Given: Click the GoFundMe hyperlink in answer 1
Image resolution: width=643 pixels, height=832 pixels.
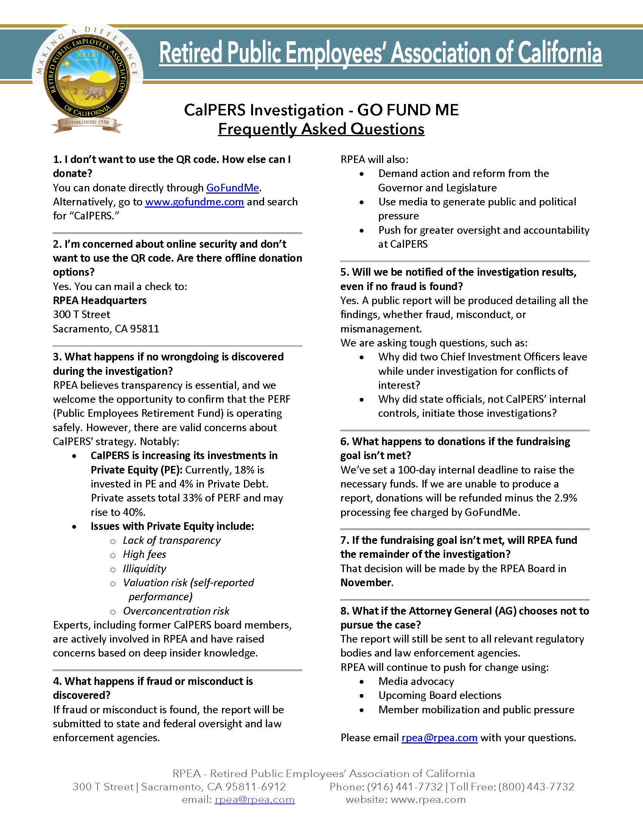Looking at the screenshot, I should pyautogui.click(x=232, y=188).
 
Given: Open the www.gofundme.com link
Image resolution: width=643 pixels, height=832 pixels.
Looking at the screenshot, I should pyautogui.click(x=194, y=202).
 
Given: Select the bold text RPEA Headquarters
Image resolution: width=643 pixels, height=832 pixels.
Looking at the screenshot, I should pyautogui.click(x=100, y=301).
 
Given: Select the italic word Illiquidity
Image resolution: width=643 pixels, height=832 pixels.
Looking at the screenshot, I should pyautogui.click(x=144, y=569).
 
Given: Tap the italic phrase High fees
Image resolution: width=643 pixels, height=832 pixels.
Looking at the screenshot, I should pyautogui.click(x=144, y=555).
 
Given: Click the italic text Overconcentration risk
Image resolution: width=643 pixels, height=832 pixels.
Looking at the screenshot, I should pyautogui.click(x=176, y=611).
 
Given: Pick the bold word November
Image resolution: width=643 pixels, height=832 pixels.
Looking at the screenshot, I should pyautogui.click(x=366, y=583).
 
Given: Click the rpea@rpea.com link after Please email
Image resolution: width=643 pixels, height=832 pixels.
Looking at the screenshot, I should pyautogui.click(x=439, y=738).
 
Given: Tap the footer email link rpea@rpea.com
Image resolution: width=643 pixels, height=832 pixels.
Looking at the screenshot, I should pyautogui.click(x=255, y=799).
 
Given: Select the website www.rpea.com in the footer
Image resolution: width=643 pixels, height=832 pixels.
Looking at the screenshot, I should pyautogui.click(x=428, y=799).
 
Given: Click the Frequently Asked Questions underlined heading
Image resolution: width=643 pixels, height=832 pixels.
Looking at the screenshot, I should pyautogui.click(x=321, y=129).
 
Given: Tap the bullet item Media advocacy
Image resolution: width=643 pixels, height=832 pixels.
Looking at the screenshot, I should pyautogui.click(x=416, y=681).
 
